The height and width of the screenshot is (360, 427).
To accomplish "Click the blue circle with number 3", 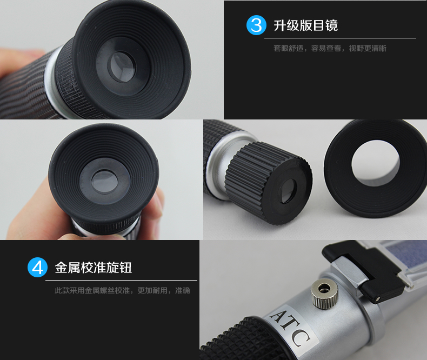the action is (256, 25).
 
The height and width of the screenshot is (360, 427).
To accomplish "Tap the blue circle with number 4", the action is (38, 267).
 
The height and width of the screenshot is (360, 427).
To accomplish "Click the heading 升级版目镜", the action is (305, 25).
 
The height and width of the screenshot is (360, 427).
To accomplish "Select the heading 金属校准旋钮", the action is (94, 268).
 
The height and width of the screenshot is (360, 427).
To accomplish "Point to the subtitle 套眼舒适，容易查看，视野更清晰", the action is (330, 49).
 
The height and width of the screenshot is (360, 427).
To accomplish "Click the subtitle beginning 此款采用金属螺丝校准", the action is (122, 291).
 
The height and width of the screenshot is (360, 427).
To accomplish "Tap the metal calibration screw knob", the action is (325, 295).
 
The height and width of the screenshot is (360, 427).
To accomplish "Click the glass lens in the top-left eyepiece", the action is (122, 66).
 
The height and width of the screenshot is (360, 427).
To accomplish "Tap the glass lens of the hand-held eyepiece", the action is (104, 182).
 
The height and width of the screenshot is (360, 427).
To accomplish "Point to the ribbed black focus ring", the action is (268, 183).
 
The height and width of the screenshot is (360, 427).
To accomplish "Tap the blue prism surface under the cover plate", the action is (406, 255).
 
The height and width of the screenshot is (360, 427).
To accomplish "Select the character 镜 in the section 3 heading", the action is (332, 25).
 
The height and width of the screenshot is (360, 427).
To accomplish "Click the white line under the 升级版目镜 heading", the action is (340, 38).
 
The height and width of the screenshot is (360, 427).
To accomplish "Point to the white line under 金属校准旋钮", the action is (121, 280).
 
